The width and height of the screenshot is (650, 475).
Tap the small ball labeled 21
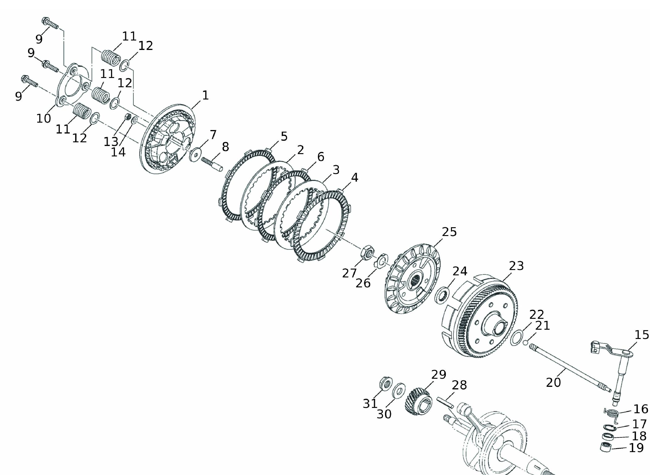[525, 343]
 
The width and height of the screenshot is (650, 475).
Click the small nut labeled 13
[128, 117]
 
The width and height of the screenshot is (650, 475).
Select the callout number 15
[641, 335]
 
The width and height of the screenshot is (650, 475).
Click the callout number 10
[44, 118]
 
